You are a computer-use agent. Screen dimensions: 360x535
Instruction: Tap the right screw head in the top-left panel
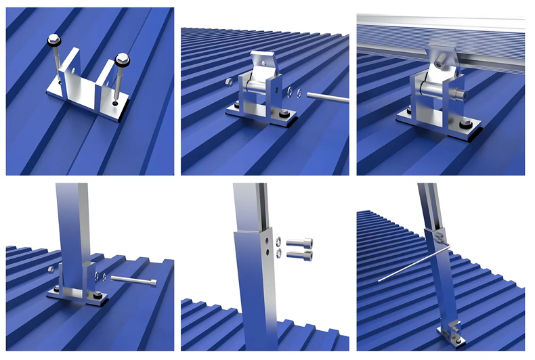coord(122,60)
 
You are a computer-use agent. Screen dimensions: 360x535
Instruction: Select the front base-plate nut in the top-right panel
coord(467,125)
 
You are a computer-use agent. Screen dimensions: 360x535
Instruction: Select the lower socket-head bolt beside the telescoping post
coord(299,255)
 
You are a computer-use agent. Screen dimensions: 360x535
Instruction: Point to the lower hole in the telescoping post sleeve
coord(269,254)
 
